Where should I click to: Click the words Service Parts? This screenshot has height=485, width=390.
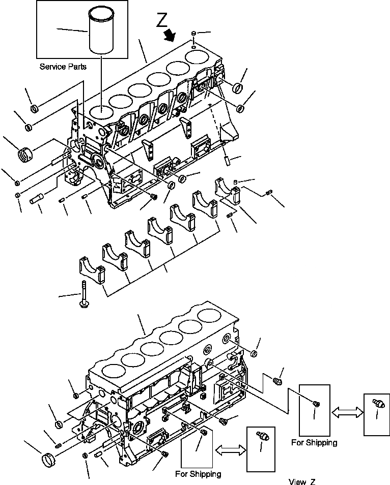tap(63, 67)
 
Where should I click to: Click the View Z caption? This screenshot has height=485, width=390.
tap(305, 481)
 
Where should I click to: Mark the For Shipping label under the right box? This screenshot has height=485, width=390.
tap(314, 442)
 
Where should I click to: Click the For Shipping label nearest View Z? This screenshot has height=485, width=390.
tap(198, 474)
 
